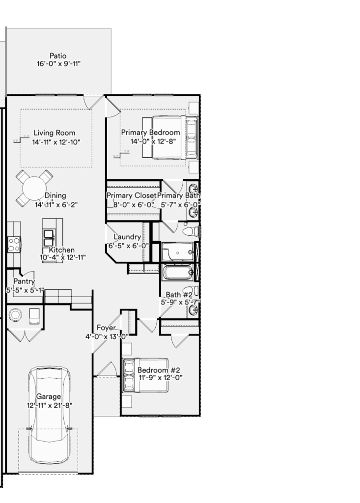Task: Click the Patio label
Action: tap(58, 56)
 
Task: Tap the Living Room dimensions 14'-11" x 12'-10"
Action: tap(56, 142)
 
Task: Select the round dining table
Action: tap(34, 188)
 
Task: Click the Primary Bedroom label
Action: tap(150, 133)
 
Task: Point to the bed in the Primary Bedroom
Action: tap(170, 138)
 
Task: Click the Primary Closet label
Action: tap(131, 196)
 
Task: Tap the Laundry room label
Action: tap(127, 237)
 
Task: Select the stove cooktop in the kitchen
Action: tap(14, 244)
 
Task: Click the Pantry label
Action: tap(24, 281)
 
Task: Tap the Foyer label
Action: tap(106, 328)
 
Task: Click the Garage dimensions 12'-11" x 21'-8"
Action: tap(50, 405)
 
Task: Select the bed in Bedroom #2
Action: tap(145, 375)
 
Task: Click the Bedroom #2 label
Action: tap(159, 370)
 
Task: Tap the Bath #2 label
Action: tap(179, 295)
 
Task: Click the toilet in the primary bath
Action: tap(190, 231)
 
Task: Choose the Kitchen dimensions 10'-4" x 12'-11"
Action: tap(62, 257)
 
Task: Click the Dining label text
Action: tap(55, 196)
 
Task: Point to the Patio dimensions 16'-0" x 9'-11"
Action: tap(58, 63)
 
